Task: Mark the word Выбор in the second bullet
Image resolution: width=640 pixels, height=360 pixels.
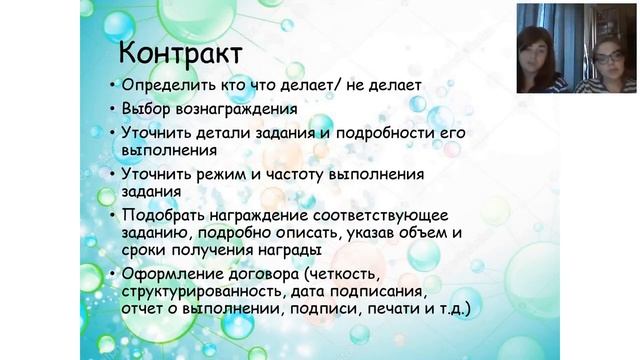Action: click(x=146, y=109)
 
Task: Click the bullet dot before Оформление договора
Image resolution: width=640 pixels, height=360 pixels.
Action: click(x=111, y=275)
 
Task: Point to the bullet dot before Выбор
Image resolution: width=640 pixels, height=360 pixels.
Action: click(x=111, y=109)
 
